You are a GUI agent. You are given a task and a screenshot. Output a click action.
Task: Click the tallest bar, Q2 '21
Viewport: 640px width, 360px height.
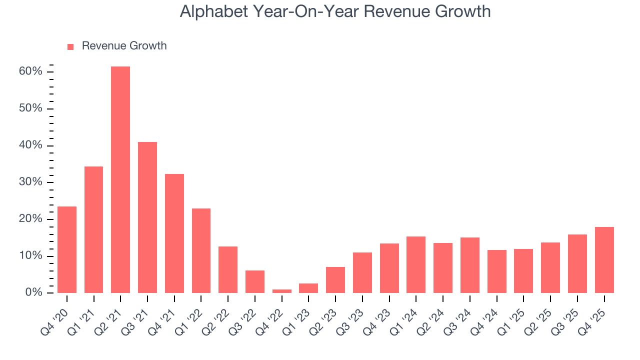(120, 179)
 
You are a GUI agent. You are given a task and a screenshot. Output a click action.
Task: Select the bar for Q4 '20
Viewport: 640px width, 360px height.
(67, 249)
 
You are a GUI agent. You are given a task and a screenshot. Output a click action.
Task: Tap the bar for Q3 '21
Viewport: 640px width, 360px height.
(147, 217)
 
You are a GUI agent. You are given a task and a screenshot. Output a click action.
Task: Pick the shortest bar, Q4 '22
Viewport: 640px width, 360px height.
(282, 291)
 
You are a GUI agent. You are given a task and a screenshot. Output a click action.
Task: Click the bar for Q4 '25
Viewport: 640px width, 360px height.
(604, 260)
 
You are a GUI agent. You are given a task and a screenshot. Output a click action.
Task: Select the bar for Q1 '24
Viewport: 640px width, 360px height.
(416, 264)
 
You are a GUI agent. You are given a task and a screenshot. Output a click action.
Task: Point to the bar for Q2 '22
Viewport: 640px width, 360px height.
(228, 269)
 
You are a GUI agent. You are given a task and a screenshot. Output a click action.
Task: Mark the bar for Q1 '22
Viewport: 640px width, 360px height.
(201, 250)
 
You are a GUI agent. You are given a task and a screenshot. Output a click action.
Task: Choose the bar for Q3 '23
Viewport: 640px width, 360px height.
(362, 272)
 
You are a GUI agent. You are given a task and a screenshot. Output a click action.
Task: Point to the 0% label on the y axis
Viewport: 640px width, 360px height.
(34, 292)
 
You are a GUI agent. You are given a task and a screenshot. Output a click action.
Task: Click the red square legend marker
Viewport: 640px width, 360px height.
(70, 46)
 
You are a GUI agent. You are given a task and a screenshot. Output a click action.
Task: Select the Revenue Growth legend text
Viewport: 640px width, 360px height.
(124, 46)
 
